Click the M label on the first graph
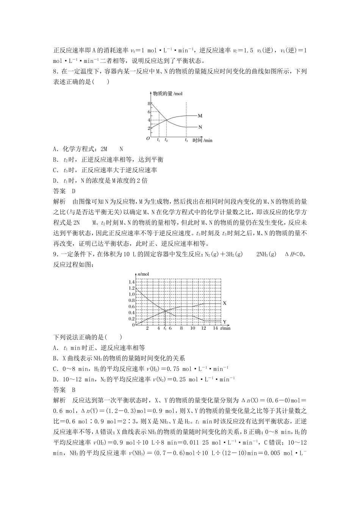pyautogui.click(x=200, y=116)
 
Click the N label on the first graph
pyautogui.click(x=200, y=127)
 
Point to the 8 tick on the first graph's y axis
pyautogui.click(x=149, y=103)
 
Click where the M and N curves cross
pyautogui.click(x=166, y=120)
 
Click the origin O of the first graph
pyautogui.click(x=149, y=139)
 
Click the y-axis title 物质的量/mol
pyautogui.click(x=167, y=94)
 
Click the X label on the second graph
pyautogui.click(x=224, y=303)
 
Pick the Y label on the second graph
pyautogui.click(x=224, y=322)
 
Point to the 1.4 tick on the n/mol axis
pyautogui.click(x=131, y=282)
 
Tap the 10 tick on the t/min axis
pyautogui.click(x=193, y=328)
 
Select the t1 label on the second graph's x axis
pyautogui.click(x=165, y=328)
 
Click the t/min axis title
pyautogui.click(x=225, y=328)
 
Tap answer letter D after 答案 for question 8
pyautogui.click(x=74, y=191)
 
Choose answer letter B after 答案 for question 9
pyautogui.click(x=74, y=389)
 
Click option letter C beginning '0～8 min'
pyautogui.click(x=55, y=368)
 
